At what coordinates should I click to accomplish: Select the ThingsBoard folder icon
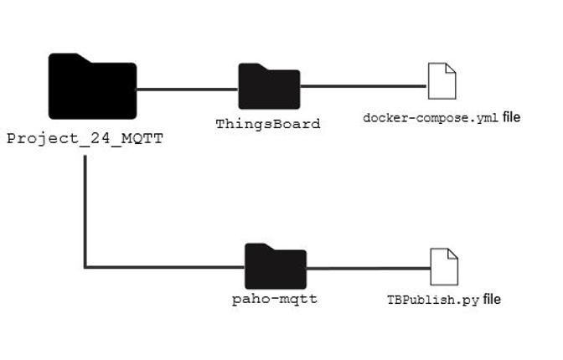point(268,87)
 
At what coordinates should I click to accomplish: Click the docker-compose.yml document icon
point(442,81)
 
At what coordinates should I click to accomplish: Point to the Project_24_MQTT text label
point(84,138)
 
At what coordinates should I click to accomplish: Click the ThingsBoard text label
point(268,124)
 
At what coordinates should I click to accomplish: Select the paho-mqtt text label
point(275,298)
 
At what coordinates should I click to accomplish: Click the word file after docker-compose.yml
point(511,117)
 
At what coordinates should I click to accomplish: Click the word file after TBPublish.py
point(492,299)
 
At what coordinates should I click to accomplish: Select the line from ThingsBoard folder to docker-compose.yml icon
point(362,85)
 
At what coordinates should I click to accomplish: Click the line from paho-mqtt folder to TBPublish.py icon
point(367,267)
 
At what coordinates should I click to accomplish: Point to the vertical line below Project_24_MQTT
point(85,209)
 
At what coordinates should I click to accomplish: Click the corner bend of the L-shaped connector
point(85,267)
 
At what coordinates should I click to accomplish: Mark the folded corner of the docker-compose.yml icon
point(451,69)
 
